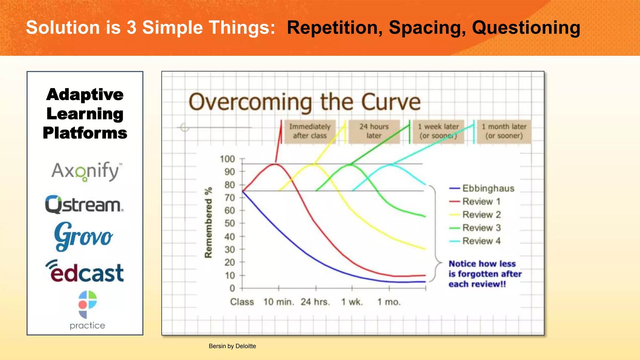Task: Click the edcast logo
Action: (x=85, y=271)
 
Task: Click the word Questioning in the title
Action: (x=526, y=27)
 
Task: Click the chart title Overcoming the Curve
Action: (x=305, y=102)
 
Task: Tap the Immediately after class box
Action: (x=310, y=131)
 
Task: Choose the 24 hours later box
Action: (x=374, y=131)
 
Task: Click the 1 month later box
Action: (x=504, y=131)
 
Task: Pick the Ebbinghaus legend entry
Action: (x=488, y=188)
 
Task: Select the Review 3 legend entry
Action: (x=481, y=228)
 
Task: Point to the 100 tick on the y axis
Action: (x=227, y=159)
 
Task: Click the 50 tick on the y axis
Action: (x=229, y=223)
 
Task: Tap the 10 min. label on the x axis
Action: (x=278, y=302)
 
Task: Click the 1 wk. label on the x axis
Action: (x=352, y=302)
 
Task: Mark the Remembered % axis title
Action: (x=208, y=222)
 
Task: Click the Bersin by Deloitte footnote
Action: (x=232, y=346)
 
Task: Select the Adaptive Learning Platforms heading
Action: (x=85, y=113)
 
